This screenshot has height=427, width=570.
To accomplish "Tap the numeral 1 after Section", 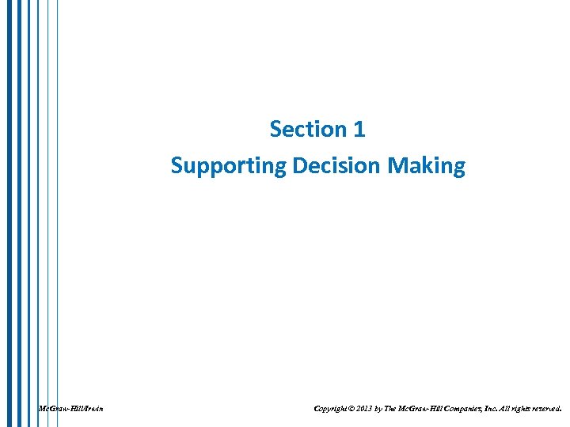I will pyautogui.click(x=360, y=129).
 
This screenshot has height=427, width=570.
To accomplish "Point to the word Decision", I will pyautogui.click(x=338, y=166).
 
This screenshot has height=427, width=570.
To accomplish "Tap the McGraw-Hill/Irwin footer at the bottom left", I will pyautogui.click(x=70, y=409).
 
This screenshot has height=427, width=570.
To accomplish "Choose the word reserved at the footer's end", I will pyautogui.click(x=548, y=409).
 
